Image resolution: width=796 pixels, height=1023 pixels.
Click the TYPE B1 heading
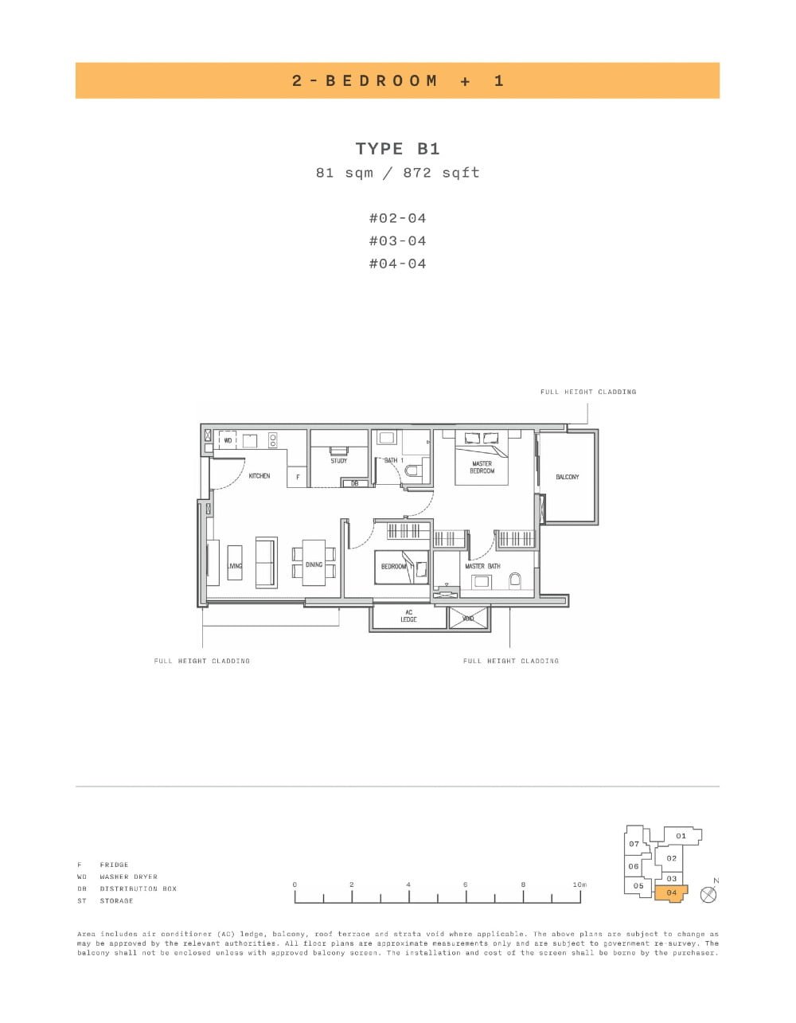[x=397, y=149]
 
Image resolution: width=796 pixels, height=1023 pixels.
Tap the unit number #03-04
[x=397, y=240]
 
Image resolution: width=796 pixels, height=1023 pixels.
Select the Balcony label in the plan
[x=568, y=477]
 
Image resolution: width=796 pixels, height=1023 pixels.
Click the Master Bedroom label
[x=482, y=467]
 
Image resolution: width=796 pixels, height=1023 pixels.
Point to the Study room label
[x=339, y=461]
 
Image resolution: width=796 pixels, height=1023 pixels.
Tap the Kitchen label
[x=259, y=476]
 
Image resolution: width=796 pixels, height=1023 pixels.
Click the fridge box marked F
[x=298, y=478]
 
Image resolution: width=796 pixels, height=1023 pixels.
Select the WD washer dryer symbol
[x=228, y=439]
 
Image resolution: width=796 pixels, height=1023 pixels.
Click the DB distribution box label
[x=355, y=483]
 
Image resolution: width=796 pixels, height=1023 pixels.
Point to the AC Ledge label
[x=408, y=615]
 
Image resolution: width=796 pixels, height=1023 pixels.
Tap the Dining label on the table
[x=314, y=565]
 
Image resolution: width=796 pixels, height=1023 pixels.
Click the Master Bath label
[x=482, y=567]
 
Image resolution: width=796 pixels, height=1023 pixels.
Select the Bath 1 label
[x=394, y=461]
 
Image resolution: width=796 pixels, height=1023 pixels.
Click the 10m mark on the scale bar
[x=579, y=884]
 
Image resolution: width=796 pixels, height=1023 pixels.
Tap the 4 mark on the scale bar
[x=408, y=884]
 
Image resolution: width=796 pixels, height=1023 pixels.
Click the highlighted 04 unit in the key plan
[x=671, y=892]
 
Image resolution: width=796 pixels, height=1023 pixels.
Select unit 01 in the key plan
[x=681, y=836]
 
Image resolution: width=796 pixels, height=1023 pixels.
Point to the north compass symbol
[x=708, y=894]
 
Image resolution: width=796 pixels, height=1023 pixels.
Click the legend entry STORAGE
[x=116, y=901]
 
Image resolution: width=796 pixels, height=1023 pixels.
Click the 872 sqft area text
[x=441, y=173]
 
